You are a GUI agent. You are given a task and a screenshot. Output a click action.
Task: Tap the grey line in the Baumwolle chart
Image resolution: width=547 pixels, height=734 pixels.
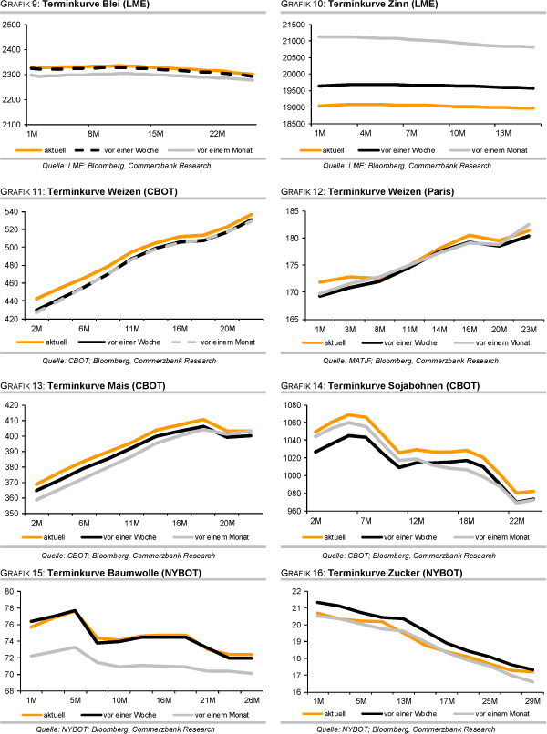click(x=137, y=666)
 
